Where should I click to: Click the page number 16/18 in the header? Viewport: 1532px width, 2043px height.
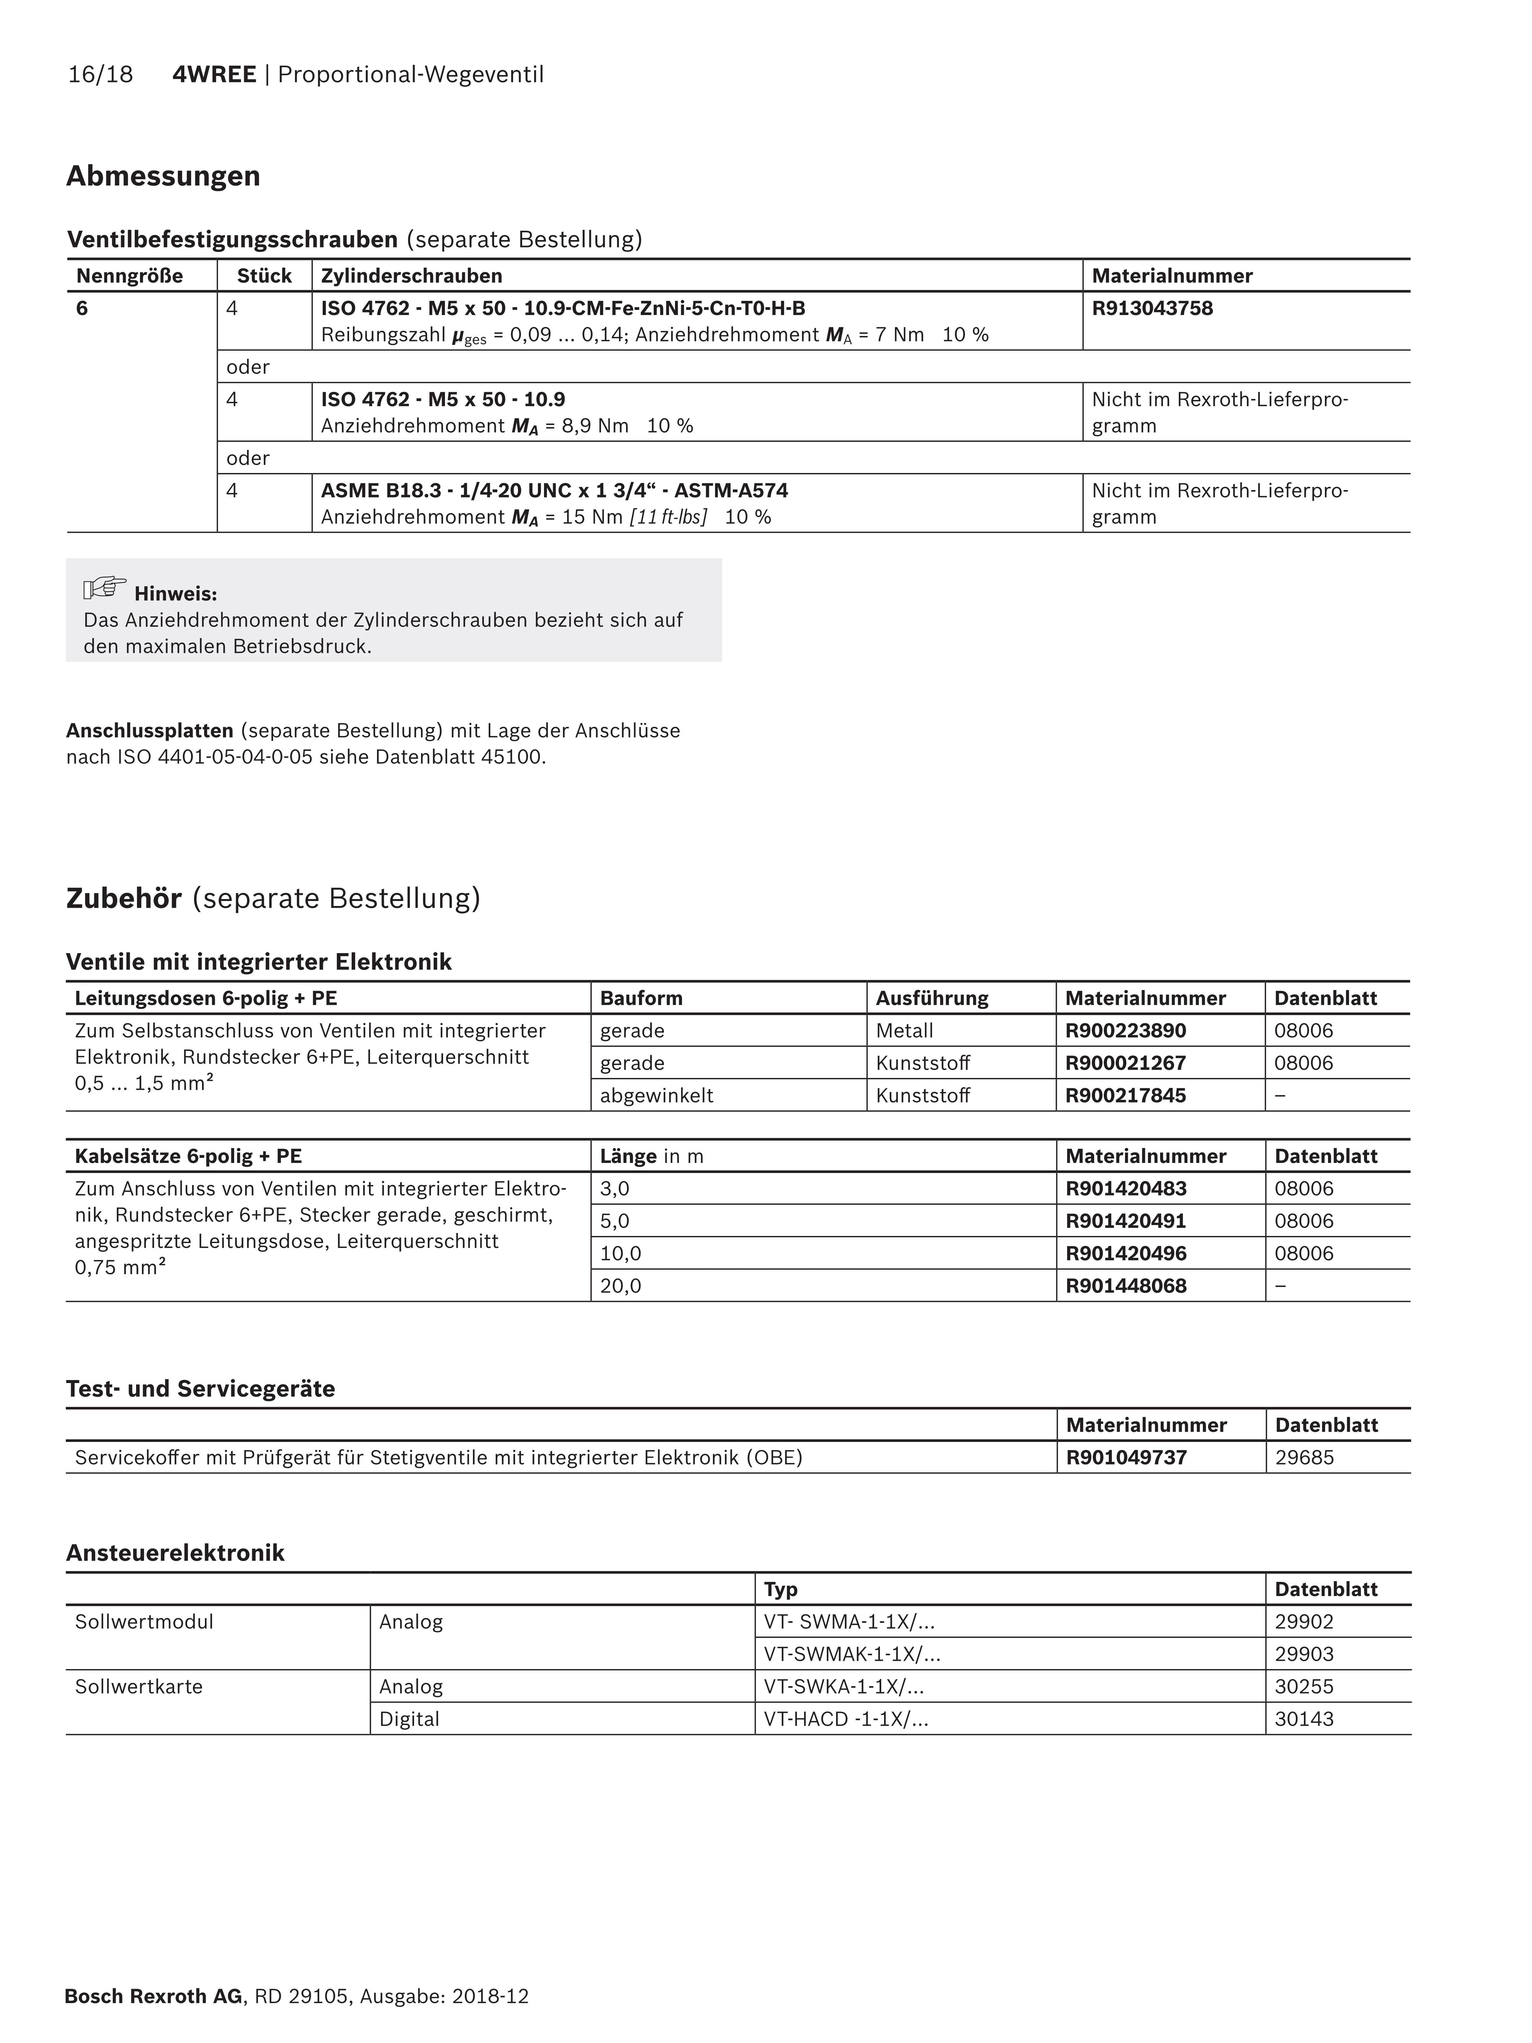(100, 75)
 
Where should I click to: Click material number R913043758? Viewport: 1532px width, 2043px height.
(1152, 309)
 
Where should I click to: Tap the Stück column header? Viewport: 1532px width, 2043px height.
(264, 276)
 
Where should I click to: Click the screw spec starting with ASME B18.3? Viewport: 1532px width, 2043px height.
(554, 490)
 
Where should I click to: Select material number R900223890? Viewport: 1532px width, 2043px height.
(1126, 1031)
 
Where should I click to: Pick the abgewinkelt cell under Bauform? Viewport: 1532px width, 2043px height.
(657, 1095)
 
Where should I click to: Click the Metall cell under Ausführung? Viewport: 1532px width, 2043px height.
(904, 1031)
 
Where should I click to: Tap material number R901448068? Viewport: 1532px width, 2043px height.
(1126, 1286)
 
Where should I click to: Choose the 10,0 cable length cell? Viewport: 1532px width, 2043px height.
(621, 1253)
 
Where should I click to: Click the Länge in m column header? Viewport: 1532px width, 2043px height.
(651, 1156)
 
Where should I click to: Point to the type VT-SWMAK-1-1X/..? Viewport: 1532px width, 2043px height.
(852, 1654)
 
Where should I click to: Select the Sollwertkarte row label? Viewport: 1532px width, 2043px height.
(139, 1686)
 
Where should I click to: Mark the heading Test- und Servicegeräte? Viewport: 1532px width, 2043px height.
(200, 1389)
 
